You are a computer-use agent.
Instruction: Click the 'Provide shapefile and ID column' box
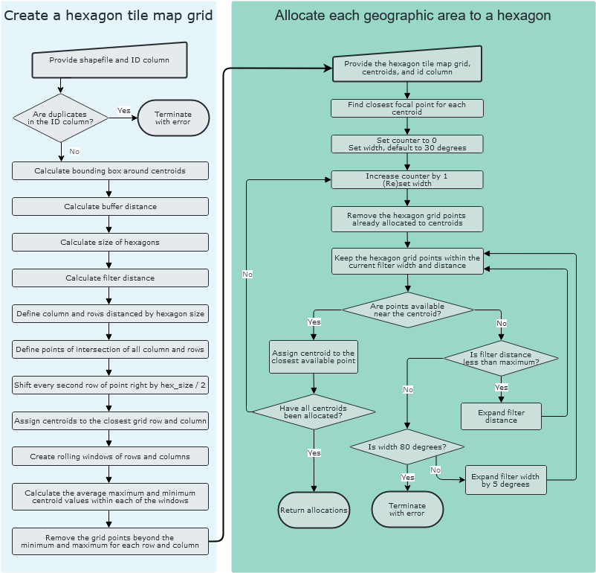109,60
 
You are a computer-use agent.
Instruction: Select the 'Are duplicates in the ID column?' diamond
61,118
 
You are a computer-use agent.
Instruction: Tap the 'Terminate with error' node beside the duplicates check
173,118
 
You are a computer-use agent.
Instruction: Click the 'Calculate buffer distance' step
110,206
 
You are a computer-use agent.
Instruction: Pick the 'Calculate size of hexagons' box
110,242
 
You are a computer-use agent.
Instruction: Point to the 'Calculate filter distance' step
110,278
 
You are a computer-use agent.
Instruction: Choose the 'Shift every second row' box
110,385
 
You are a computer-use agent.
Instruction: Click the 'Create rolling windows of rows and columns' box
110,456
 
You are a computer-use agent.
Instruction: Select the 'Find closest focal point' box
406,109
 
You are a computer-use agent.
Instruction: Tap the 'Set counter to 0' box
406,144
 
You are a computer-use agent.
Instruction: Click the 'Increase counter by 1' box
406,180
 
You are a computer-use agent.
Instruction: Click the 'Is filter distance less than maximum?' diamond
501,358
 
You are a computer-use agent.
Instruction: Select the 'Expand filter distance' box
501,416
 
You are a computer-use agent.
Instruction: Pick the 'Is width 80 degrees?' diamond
406,446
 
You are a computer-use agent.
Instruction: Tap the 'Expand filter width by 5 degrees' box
505,480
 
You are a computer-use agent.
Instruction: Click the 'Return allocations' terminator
314,510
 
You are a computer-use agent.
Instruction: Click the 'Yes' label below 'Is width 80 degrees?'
407,477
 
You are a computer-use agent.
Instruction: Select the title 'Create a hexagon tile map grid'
108,16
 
